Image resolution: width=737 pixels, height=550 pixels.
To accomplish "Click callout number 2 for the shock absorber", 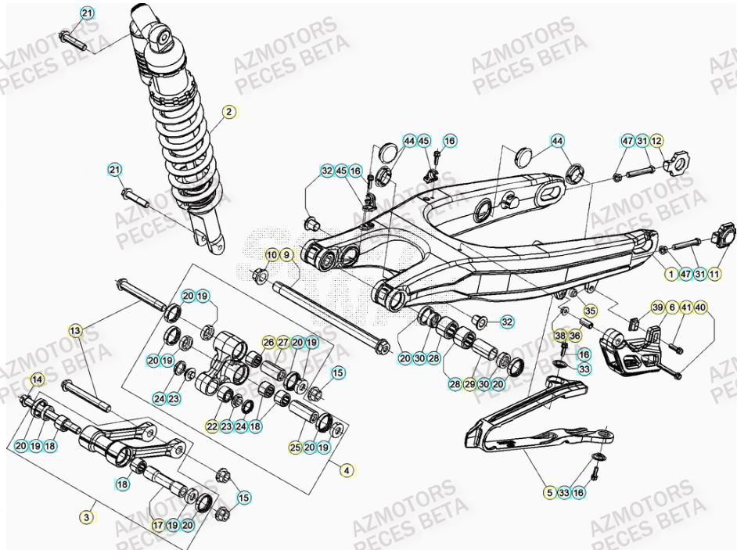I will click(x=228, y=112).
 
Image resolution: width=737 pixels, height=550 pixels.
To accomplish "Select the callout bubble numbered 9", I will click(x=286, y=255).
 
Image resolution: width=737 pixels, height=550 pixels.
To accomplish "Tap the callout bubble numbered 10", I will click(x=271, y=255).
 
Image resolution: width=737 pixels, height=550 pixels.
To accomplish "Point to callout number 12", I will click(x=656, y=141).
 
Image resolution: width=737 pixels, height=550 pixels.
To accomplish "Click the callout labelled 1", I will click(x=670, y=274).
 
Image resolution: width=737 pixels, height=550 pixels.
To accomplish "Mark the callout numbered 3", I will click(x=87, y=517).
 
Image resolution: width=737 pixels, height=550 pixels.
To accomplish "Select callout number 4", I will click(x=347, y=470).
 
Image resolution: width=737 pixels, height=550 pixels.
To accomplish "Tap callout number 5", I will click(x=550, y=493).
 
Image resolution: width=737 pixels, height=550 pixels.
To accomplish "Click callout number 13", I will click(x=75, y=330).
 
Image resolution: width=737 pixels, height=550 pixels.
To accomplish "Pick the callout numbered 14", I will click(x=37, y=380).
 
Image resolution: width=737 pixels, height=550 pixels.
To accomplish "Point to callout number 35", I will click(x=590, y=311).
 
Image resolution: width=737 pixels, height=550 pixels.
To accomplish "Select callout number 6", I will click(x=671, y=307).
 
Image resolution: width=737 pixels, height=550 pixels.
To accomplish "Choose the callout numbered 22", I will click(x=212, y=426).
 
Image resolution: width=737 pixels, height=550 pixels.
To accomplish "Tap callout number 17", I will click(x=157, y=526).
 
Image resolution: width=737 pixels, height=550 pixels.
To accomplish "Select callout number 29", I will click(x=469, y=384).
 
